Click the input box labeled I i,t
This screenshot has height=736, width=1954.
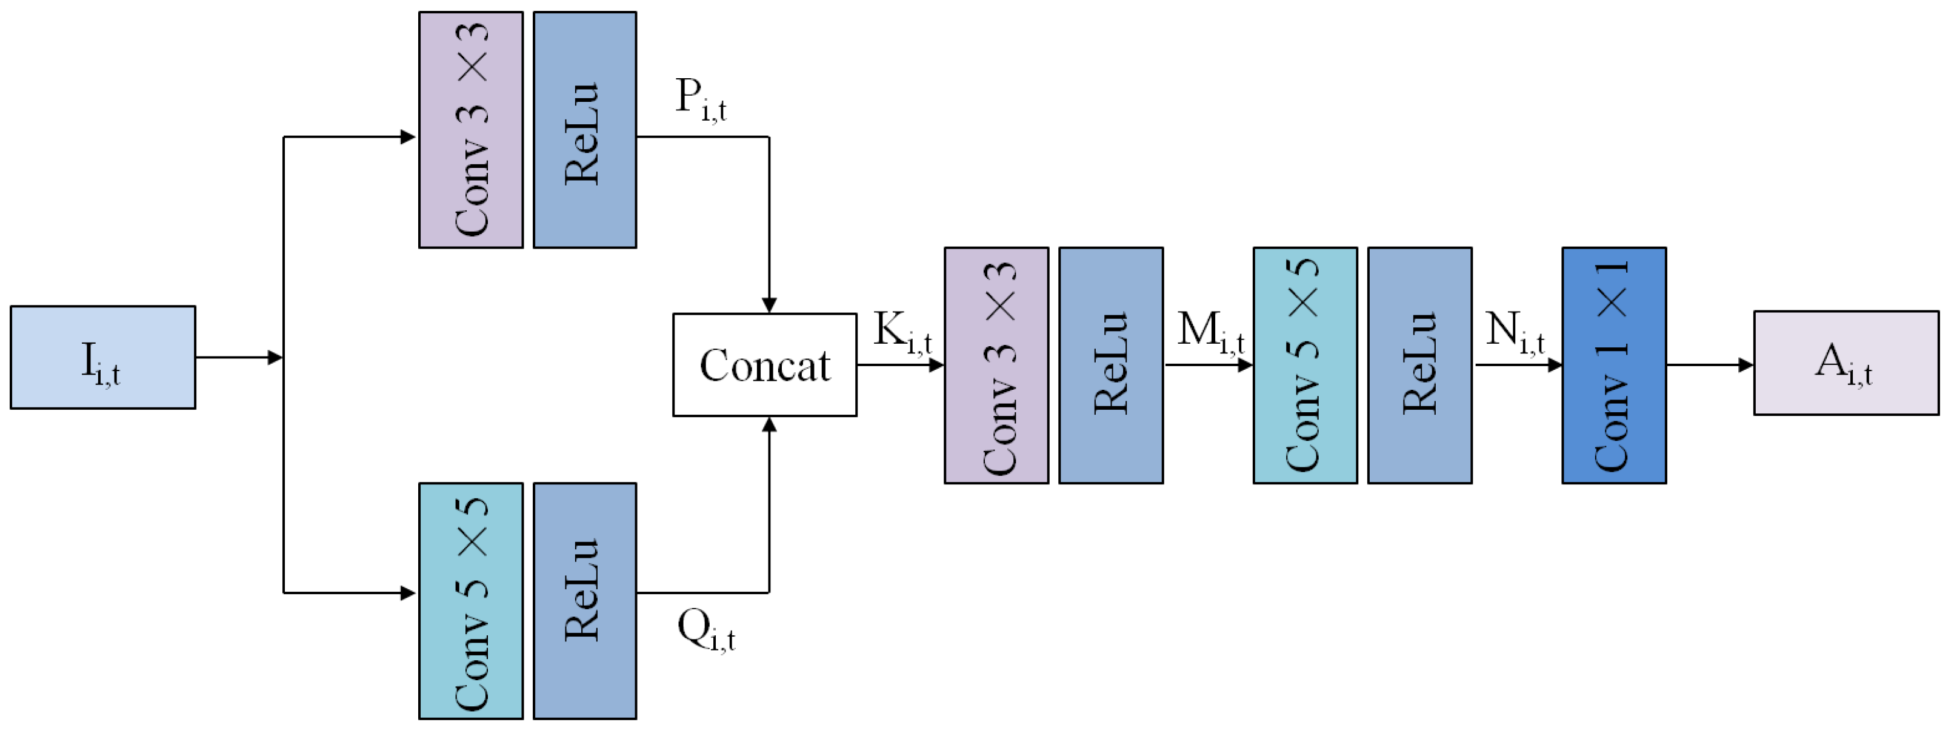click(102, 357)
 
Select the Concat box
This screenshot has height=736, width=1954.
click(765, 365)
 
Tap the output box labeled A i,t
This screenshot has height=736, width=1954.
click(1846, 363)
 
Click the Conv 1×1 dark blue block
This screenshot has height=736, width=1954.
click(1613, 365)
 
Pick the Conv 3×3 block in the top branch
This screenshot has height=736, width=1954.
click(470, 130)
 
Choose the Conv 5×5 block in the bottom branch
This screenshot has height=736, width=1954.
click(470, 600)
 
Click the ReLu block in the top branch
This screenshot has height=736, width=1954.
click(584, 130)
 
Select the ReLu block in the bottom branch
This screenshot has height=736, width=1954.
click(584, 600)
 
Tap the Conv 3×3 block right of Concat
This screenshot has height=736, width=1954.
click(996, 365)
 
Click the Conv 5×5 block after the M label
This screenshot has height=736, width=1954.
click(1305, 365)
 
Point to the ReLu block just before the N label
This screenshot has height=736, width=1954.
click(1419, 365)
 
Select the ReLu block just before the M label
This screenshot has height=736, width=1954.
click(1110, 365)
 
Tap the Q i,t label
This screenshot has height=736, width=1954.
click(705, 631)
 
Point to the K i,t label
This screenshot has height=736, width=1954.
click(902, 332)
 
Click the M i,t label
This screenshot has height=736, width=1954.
click(1210, 332)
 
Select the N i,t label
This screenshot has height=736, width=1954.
click(1514, 332)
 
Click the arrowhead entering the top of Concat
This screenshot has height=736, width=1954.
click(769, 305)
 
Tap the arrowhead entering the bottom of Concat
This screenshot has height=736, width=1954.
click(769, 425)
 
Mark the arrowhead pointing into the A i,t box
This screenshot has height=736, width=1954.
click(1746, 365)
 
